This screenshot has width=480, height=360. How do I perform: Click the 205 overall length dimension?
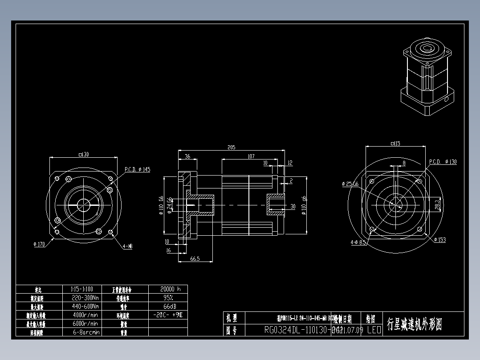pyautogui.click(x=231, y=147)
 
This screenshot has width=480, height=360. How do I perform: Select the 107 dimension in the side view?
pyautogui.click(x=251, y=156)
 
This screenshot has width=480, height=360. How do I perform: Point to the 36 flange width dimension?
pyautogui.click(x=187, y=156)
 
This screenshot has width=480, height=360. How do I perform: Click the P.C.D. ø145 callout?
pyautogui.click(x=137, y=169)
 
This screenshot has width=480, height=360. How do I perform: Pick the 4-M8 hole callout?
pyautogui.click(x=127, y=246)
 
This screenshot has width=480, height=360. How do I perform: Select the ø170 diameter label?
pyautogui.click(x=39, y=244)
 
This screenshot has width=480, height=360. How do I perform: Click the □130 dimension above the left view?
pyautogui.click(x=83, y=155)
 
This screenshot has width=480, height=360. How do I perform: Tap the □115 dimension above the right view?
pyautogui.click(x=395, y=143)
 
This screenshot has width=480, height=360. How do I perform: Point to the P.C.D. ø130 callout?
pyautogui.click(x=443, y=162)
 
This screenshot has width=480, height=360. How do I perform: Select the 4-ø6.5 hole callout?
pyautogui.click(x=358, y=242)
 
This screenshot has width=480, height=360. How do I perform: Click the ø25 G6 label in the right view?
pyautogui.click(x=350, y=184)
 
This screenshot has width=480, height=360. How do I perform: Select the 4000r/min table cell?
pyautogui.click(x=85, y=315)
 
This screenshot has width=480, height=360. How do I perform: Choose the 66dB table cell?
pyautogui.click(x=167, y=307)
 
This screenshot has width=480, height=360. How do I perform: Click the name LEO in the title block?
pyautogui.click(x=374, y=330)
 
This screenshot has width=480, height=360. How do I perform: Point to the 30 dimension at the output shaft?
pyautogui.click(x=293, y=207)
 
